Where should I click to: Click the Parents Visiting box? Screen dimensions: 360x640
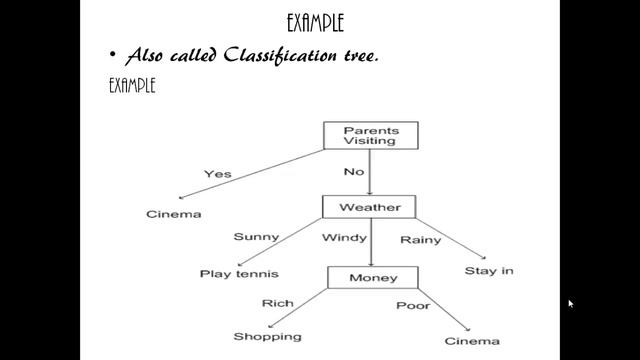click(369, 136)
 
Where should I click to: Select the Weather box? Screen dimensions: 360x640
click(369, 208)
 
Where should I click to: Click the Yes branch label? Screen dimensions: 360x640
click(217, 174)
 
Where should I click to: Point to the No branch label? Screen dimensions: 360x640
click(354, 172)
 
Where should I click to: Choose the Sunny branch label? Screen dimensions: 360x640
click(256, 237)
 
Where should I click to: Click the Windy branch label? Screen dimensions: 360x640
click(342, 238)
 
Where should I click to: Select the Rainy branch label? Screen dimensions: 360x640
click(420, 240)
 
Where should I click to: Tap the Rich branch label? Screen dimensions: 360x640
click(277, 303)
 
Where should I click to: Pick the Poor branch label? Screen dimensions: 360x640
click(412, 305)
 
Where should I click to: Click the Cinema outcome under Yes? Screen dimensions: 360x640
click(174, 214)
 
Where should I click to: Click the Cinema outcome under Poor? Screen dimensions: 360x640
click(472, 341)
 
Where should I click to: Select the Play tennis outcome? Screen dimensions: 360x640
click(238, 273)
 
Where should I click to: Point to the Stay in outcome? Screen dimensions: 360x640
click(489, 271)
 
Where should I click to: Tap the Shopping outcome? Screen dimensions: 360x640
click(267, 337)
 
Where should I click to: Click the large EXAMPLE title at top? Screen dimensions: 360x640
click(321, 20)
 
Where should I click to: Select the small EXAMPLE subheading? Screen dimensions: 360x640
click(131, 85)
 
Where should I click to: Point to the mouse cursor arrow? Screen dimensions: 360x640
click(571, 303)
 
